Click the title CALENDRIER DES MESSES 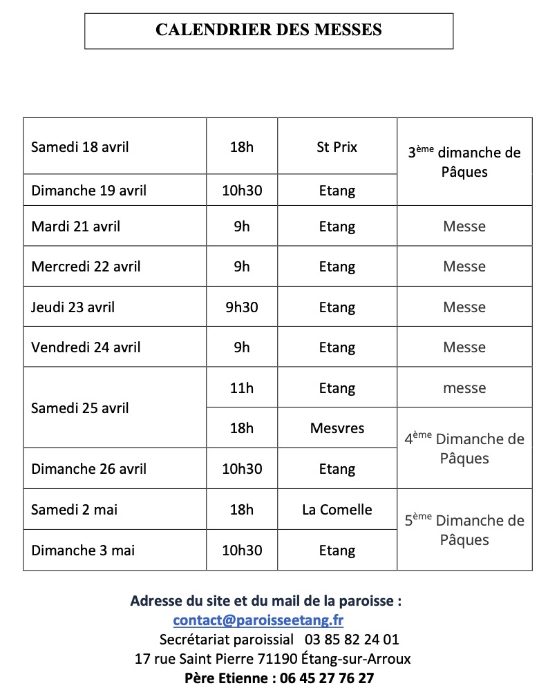point(268,30)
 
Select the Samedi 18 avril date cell point(80,147)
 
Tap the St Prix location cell point(337,147)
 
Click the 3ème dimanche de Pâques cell point(464,162)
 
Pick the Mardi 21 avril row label point(75,227)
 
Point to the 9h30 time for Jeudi point(241,307)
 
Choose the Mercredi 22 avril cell point(86,267)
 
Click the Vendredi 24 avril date point(86,347)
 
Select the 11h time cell point(241,388)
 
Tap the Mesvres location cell point(337,428)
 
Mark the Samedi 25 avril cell point(80,408)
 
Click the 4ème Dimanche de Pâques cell point(464,449)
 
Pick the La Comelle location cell point(337,510)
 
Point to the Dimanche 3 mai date point(83,550)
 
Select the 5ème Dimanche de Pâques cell point(464,530)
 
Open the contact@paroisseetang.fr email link point(258,620)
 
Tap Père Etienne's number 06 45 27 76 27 point(327,678)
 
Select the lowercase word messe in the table point(464,388)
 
